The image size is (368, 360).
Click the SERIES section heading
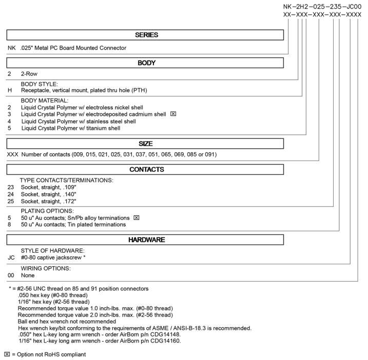point(146,35)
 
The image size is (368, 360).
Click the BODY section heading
point(146,63)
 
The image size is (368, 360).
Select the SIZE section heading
point(146,143)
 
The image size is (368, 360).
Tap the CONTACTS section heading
point(146,169)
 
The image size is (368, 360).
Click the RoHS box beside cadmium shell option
point(173,114)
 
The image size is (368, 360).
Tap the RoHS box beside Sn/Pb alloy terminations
point(136,217)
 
